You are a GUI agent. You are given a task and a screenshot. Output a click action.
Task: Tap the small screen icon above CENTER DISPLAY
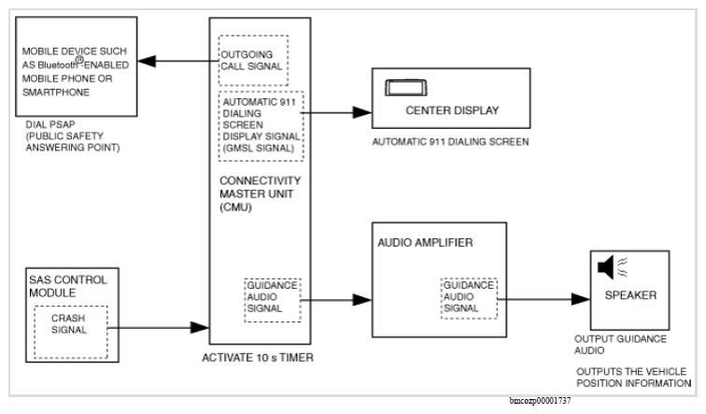pyautogui.click(x=405, y=88)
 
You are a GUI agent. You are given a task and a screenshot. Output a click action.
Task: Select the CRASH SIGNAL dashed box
pyautogui.click(x=71, y=332)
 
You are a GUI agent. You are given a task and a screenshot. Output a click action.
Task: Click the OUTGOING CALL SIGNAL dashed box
pyautogui.click(x=253, y=61)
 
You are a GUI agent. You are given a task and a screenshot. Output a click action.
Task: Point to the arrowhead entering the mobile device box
pyautogui.click(x=147, y=62)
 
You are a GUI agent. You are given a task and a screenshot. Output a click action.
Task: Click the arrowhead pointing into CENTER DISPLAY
pyautogui.click(x=362, y=112)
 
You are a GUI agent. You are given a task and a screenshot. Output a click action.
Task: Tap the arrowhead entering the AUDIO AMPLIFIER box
pyautogui.click(x=362, y=300)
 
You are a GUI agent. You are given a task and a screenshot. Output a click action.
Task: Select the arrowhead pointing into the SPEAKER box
pyautogui.click(x=581, y=299)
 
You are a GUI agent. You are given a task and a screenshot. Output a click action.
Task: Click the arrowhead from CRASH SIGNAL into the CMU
pyautogui.click(x=200, y=327)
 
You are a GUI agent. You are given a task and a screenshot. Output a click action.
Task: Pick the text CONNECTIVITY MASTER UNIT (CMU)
pyautogui.click(x=260, y=193)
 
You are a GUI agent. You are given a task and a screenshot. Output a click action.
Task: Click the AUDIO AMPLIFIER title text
pyautogui.click(x=425, y=243)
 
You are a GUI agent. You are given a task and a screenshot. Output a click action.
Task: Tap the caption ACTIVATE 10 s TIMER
pyautogui.click(x=258, y=358)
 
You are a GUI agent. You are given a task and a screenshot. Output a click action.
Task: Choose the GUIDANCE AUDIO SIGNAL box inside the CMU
pyautogui.click(x=273, y=300)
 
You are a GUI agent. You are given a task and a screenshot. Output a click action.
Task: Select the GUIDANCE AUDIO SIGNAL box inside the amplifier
pyautogui.click(x=469, y=298)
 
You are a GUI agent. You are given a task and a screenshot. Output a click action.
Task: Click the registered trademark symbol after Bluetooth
pyautogui.click(x=79, y=59)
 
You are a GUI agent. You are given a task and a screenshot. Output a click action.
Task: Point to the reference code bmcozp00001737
pyautogui.click(x=540, y=401)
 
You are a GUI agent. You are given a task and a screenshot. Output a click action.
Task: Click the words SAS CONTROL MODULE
pyautogui.click(x=68, y=286)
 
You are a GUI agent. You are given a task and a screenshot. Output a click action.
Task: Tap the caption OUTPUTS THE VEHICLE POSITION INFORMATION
pyautogui.click(x=633, y=378)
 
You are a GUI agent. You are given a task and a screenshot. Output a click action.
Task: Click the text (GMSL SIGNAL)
pyautogui.click(x=258, y=149)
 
